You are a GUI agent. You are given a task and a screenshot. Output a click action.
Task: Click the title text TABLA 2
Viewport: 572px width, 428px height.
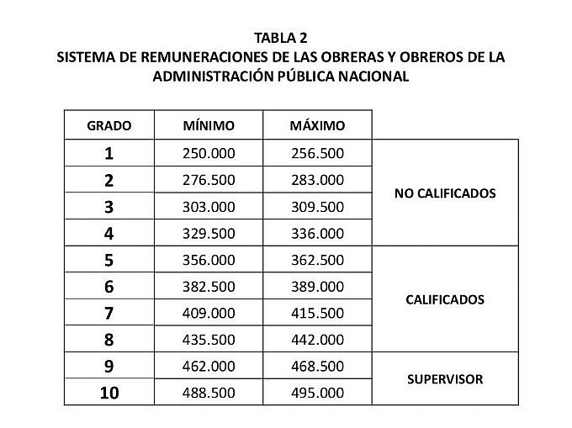285,37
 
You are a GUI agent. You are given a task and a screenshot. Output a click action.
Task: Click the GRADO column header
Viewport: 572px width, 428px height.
109,125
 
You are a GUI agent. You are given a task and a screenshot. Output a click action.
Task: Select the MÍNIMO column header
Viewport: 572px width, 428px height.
209,125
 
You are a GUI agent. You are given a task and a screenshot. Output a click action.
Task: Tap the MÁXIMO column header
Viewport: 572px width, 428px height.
317,125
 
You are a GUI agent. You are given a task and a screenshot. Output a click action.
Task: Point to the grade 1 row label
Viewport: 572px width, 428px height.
109,153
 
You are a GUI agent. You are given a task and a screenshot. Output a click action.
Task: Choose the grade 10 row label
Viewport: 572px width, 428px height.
109,393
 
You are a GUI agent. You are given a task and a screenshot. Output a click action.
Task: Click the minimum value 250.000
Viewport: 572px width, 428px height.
209,153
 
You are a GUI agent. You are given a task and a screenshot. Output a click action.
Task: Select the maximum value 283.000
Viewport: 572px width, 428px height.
317,180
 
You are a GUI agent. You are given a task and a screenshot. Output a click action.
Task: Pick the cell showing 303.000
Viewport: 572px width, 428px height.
209,207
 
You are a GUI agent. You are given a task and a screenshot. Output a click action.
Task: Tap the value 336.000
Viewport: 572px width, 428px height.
317,233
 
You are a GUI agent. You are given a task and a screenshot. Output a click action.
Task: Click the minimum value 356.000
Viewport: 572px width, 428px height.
209,260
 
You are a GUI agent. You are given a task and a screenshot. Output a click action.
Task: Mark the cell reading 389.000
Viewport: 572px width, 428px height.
317,287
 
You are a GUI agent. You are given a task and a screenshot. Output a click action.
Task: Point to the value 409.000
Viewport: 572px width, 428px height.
209,313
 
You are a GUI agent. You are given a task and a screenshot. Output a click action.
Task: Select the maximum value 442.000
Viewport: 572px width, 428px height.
317,340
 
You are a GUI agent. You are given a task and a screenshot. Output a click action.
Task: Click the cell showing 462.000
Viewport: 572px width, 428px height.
209,367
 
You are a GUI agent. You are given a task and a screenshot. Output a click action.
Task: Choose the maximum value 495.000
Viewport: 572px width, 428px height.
317,393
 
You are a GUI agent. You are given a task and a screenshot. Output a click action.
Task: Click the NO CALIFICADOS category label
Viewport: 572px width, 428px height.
445,193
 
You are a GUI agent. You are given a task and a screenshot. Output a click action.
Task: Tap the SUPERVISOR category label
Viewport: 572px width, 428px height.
445,379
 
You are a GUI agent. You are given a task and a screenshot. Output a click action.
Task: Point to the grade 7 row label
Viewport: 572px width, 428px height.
109,313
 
